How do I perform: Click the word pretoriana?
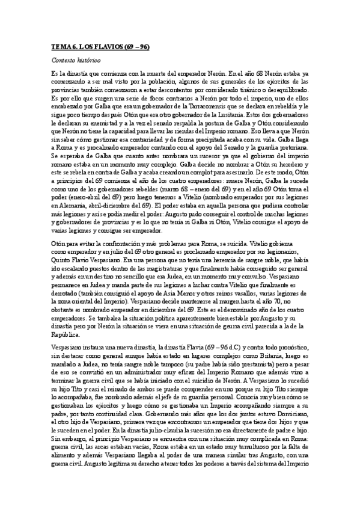point(291,146)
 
